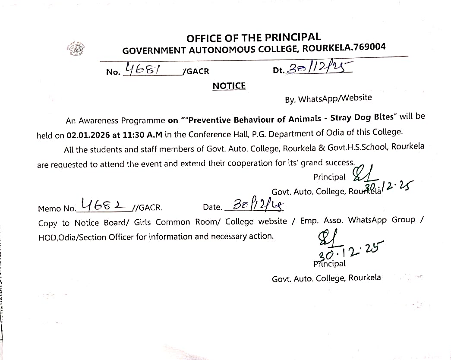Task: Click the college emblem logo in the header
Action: [76, 49]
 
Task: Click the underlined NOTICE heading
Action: [229, 86]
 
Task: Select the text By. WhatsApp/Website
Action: [328, 98]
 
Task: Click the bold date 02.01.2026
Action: [88, 135]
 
